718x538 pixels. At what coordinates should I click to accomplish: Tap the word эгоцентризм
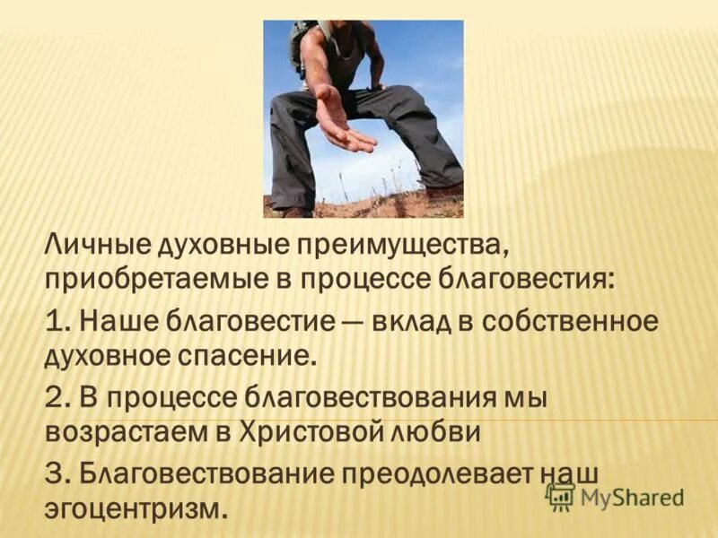tap(134, 508)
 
